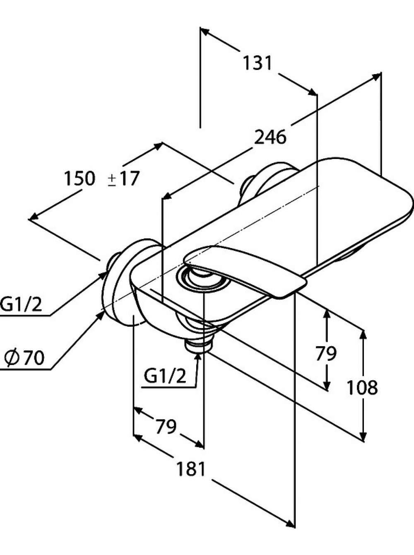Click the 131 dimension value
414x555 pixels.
click(257, 63)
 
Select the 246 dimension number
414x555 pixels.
click(270, 137)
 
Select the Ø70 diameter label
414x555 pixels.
click(24, 358)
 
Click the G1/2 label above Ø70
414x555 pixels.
click(21, 305)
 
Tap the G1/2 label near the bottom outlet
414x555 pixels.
click(165, 376)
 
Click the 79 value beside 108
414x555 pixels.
click(326, 353)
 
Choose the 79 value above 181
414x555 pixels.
click(166, 427)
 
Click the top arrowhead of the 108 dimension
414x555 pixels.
click(363, 335)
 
